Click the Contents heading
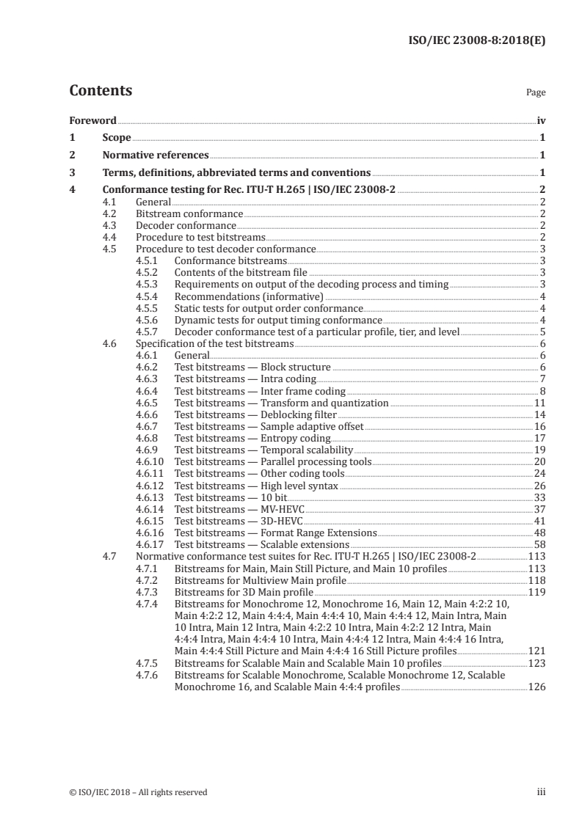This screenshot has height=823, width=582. tap(101, 91)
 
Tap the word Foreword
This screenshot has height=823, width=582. tap(92, 120)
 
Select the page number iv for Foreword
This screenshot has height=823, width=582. tap(541, 120)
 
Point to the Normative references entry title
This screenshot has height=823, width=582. tap(156, 156)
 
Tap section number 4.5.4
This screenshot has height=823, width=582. tap(150, 296)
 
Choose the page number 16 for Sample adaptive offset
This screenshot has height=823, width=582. tap(539, 426)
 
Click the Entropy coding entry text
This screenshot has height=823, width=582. tap(252, 438)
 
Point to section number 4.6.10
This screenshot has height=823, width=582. tap(153, 461)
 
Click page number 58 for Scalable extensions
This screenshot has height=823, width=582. tap(539, 544)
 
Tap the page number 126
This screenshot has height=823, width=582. tap(536, 687)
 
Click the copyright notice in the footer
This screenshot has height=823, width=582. tap(138, 792)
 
